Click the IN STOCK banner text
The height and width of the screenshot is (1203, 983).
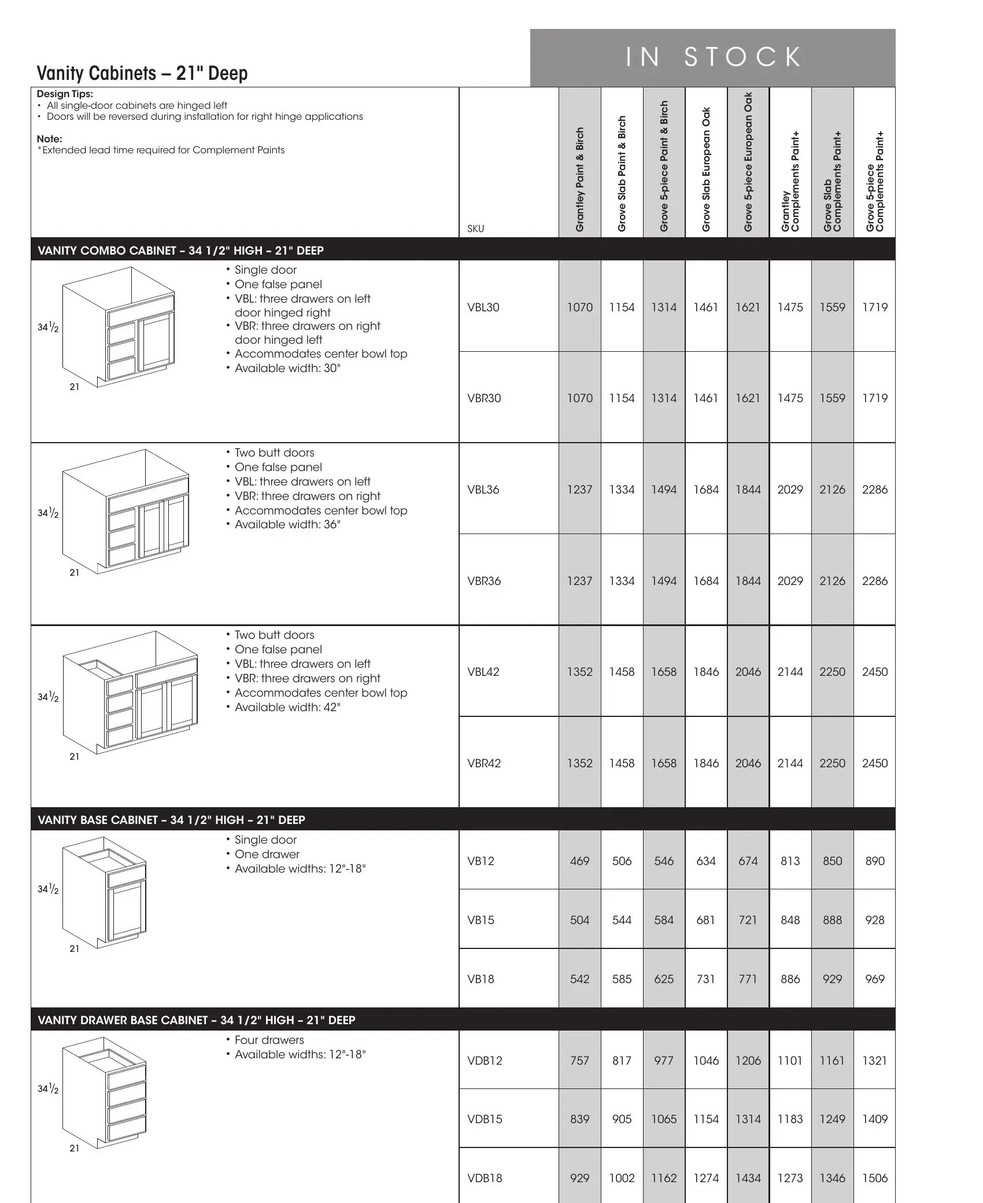(x=714, y=57)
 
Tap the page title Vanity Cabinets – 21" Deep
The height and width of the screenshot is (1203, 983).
(x=142, y=73)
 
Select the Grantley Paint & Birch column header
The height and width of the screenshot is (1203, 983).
(x=580, y=179)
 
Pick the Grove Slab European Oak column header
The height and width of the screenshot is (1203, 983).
(x=706, y=170)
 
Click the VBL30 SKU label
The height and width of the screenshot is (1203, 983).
(x=483, y=307)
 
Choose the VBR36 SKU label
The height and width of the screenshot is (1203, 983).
(x=484, y=581)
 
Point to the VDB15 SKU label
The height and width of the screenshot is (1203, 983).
(x=485, y=1119)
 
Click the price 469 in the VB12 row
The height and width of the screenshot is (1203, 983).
(x=579, y=861)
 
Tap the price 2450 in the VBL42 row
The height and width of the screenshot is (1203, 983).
(x=874, y=672)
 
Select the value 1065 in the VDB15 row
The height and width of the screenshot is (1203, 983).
(x=664, y=1119)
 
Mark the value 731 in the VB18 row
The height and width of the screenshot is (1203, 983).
(x=706, y=979)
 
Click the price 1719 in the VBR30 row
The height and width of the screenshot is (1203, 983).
(x=874, y=398)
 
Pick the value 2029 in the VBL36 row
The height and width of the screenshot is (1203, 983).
(x=790, y=490)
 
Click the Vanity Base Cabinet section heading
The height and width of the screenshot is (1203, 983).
(x=171, y=820)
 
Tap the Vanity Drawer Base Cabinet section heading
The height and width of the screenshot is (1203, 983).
(x=196, y=1020)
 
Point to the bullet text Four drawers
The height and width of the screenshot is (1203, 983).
(x=269, y=1040)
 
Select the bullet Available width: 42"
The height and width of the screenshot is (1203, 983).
(x=287, y=707)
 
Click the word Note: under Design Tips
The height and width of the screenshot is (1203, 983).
(x=49, y=139)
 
